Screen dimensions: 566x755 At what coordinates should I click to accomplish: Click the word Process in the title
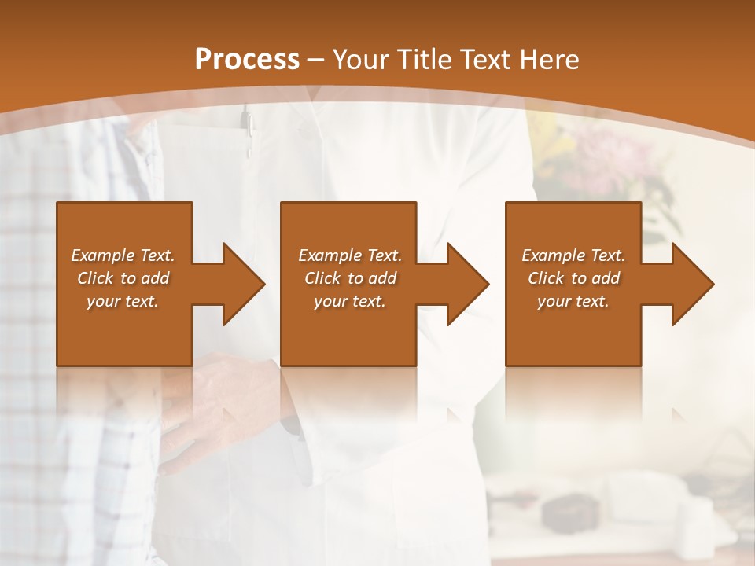click(x=247, y=60)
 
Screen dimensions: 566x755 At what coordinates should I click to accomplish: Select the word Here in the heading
click(x=550, y=60)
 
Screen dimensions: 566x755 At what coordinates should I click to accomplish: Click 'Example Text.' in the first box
click(x=123, y=255)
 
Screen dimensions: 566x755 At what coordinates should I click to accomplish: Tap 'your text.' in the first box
click(x=123, y=301)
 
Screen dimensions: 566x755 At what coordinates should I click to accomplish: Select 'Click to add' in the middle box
click(x=350, y=278)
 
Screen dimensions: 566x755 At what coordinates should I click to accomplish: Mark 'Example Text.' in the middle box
click(x=350, y=255)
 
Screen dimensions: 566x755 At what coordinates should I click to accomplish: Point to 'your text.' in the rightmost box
click(x=573, y=301)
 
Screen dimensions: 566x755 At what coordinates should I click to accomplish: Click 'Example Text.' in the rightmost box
click(x=573, y=255)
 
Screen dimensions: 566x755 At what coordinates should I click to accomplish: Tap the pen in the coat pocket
click(x=247, y=130)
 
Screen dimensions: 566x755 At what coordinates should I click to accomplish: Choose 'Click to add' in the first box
click(x=123, y=278)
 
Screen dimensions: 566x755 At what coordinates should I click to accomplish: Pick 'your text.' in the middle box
click(x=350, y=301)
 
